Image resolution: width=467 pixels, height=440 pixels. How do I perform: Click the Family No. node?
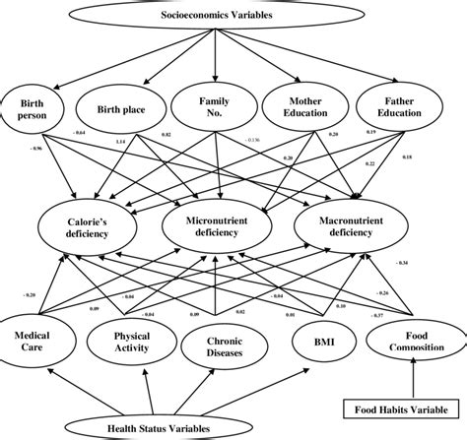coord(214,106)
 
